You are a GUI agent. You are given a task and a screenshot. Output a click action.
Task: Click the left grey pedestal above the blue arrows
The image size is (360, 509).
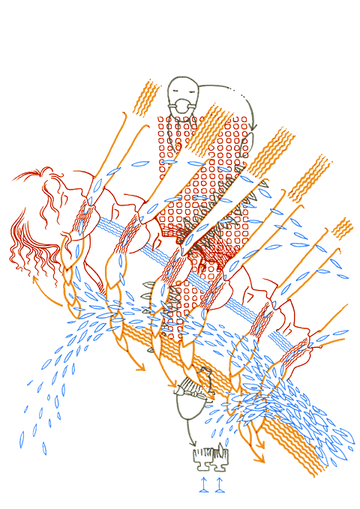pyautogui.click(x=201, y=457)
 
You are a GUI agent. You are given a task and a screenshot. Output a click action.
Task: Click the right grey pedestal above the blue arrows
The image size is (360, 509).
pyautogui.click(x=220, y=457)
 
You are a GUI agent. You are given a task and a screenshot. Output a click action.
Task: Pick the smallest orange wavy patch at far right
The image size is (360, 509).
pyautogui.click(x=343, y=227)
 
